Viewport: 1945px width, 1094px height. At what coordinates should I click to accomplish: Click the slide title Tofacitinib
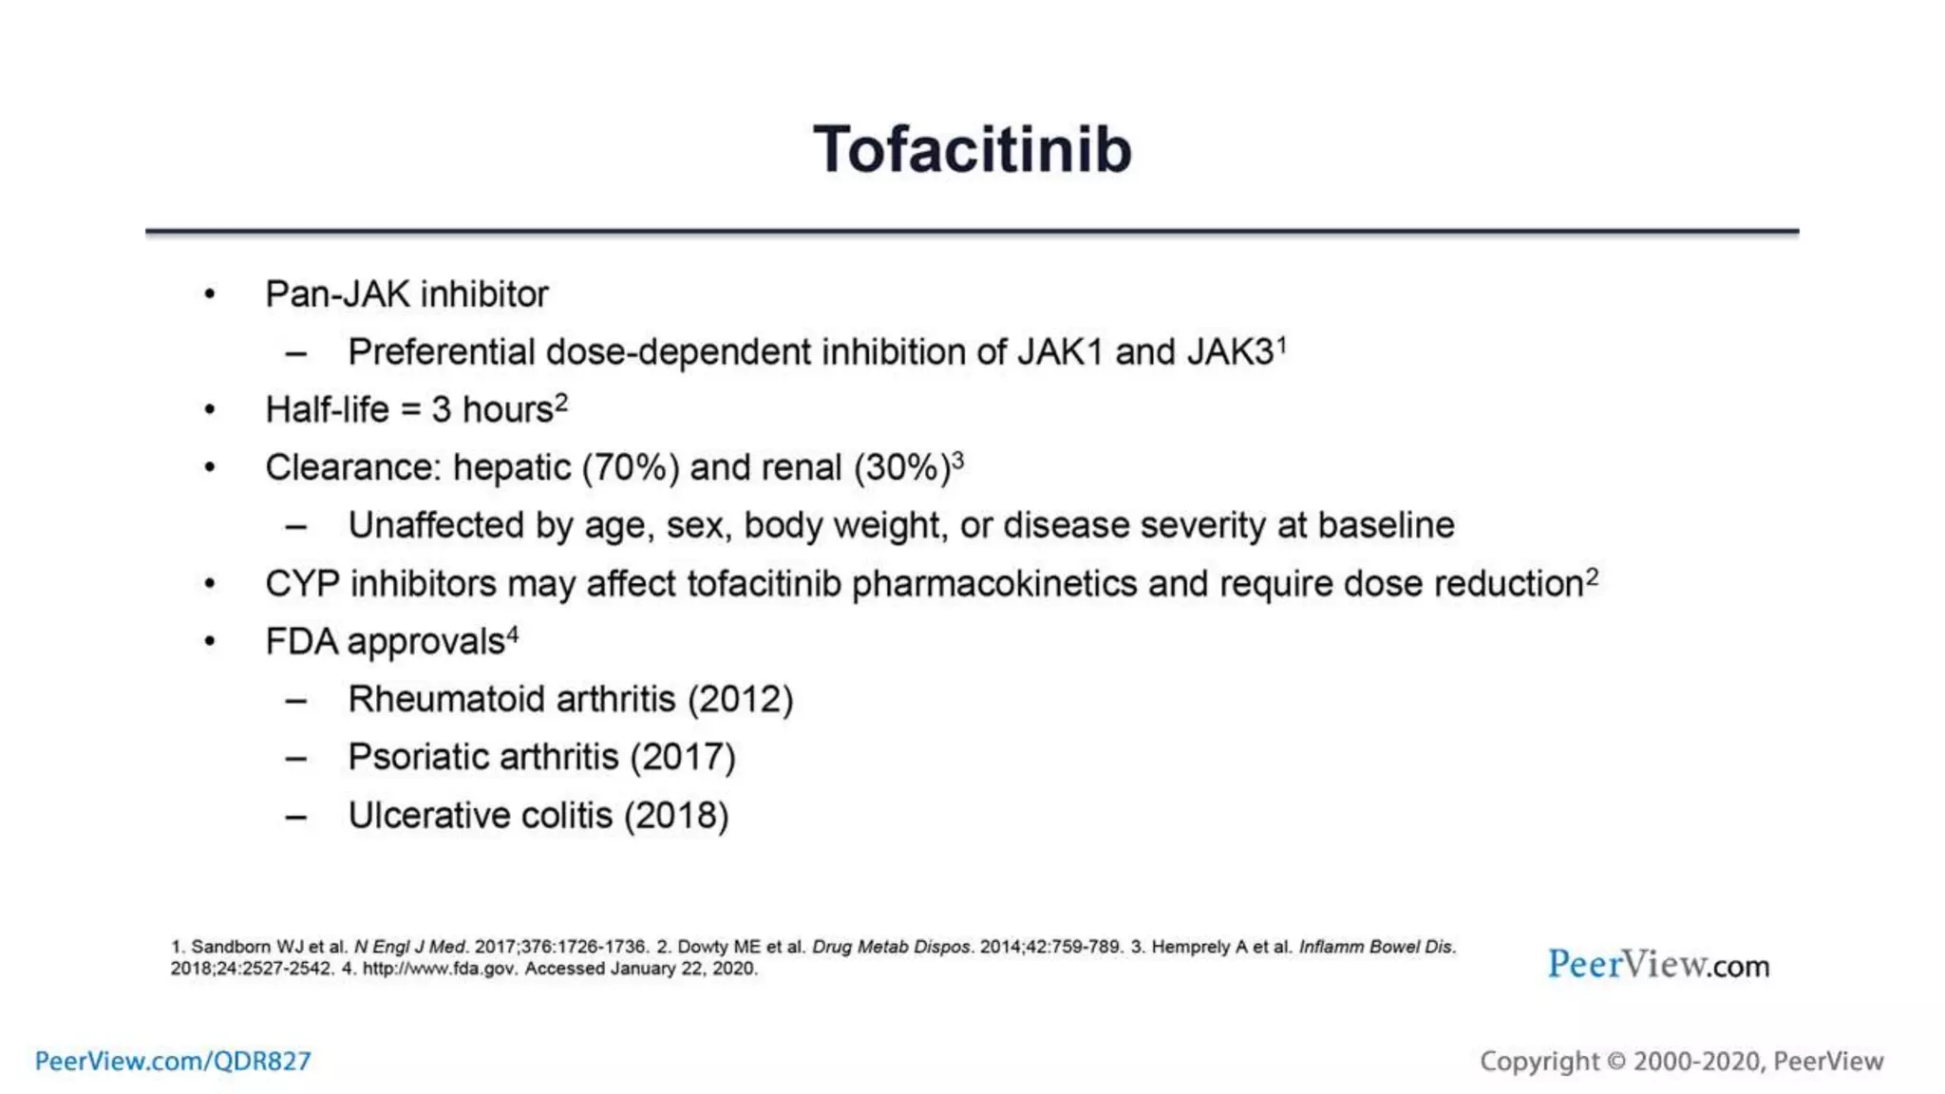pyautogui.click(x=972, y=150)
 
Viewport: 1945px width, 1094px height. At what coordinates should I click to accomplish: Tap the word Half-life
pyautogui.click(x=327, y=410)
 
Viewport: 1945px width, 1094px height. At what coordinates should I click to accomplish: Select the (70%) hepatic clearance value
pyautogui.click(x=630, y=468)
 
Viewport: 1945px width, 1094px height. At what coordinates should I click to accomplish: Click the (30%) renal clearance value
pyautogui.click(x=902, y=468)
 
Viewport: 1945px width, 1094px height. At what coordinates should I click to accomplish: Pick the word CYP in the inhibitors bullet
pyautogui.click(x=302, y=583)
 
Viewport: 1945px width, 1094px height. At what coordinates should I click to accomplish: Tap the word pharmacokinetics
pyautogui.click(x=993, y=584)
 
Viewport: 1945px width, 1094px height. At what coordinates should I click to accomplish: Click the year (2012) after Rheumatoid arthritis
pyautogui.click(x=740, y=700)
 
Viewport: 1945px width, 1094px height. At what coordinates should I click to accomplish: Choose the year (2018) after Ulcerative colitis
pyautogui.click(x=676, y=816)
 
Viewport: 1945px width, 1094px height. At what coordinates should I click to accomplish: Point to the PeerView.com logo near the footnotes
pyautogui.click(x=1658, y=965)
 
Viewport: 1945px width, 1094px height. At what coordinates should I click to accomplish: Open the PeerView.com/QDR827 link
pyautogui.click(x=173, y=1061)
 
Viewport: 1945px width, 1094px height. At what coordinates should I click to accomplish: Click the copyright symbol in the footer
pyautogui.click(x=1615, y=1061)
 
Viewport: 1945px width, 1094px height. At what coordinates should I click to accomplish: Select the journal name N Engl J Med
pyautogui.click(x=409, y=947)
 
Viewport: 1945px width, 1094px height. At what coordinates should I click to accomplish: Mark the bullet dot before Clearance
pyautogui.click(x=210, y=468)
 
